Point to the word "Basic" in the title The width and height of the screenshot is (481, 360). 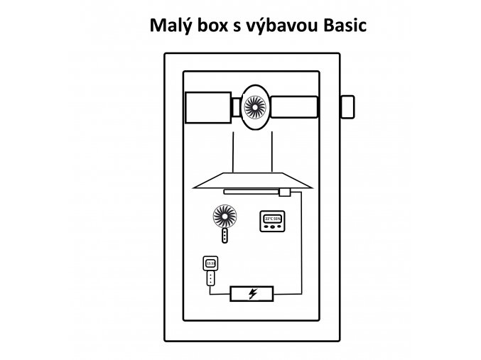point(343,27)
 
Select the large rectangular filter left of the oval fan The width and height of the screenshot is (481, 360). point(207,107)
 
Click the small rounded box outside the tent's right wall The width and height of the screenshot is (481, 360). point(348,107)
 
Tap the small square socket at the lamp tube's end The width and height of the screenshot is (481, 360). point(284,192)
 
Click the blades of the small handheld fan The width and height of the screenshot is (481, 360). point(224,216)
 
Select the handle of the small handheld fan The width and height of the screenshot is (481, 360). point(225,236)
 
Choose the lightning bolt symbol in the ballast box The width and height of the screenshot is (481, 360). point(252,293)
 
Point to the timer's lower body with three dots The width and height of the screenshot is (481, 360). point(210,278)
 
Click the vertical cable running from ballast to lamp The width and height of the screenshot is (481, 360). point(301,241)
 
